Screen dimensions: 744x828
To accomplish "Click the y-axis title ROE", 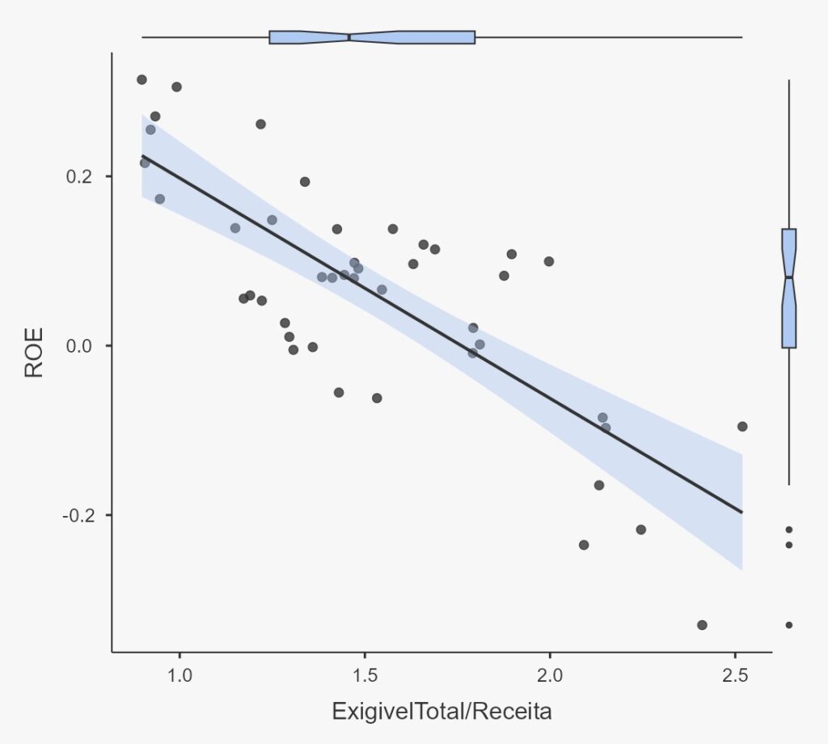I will [34, 353].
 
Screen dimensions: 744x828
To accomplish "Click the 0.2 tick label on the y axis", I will [79, 176].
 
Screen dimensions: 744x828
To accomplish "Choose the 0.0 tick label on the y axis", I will [79, 345].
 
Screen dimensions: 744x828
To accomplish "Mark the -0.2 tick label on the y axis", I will [77, 515].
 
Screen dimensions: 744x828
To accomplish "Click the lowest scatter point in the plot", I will [702, 625].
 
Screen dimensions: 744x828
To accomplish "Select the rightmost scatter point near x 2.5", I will [742, 426].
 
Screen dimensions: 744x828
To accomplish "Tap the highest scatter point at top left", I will [142, 79].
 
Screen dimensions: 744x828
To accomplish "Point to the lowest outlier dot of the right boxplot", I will [789, 625].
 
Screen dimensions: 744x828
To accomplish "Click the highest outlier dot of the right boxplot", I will [789, 530].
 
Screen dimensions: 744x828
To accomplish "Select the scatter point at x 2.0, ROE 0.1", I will [549, 261].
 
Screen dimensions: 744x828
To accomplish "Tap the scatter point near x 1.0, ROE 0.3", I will [176, 87].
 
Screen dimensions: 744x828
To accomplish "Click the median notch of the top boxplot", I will [349, 37].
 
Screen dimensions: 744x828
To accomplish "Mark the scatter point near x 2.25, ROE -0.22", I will [641, 530].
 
